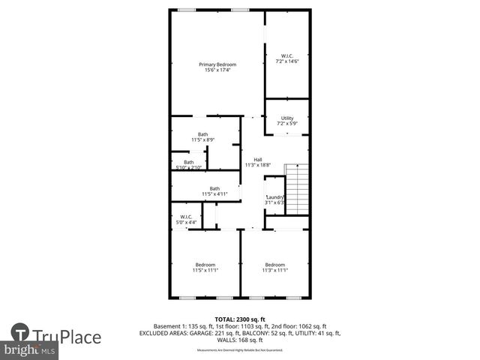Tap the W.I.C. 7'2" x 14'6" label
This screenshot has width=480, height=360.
click(286, 58)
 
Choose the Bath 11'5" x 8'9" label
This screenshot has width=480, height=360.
click(202, 136)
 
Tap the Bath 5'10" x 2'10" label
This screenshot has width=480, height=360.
click(189, 164)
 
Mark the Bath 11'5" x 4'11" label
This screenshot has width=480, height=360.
click(214, 191)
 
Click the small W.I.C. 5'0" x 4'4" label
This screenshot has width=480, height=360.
click(186, 220)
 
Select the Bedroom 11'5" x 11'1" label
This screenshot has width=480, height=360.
click(205, 267)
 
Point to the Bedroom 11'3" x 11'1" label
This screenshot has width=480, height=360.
click(274, 267)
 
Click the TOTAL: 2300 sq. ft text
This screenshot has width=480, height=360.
click(240, 319)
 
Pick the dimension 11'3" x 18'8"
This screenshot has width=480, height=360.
click(257, 165)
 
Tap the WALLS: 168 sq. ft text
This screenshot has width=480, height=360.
click(240, 339)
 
